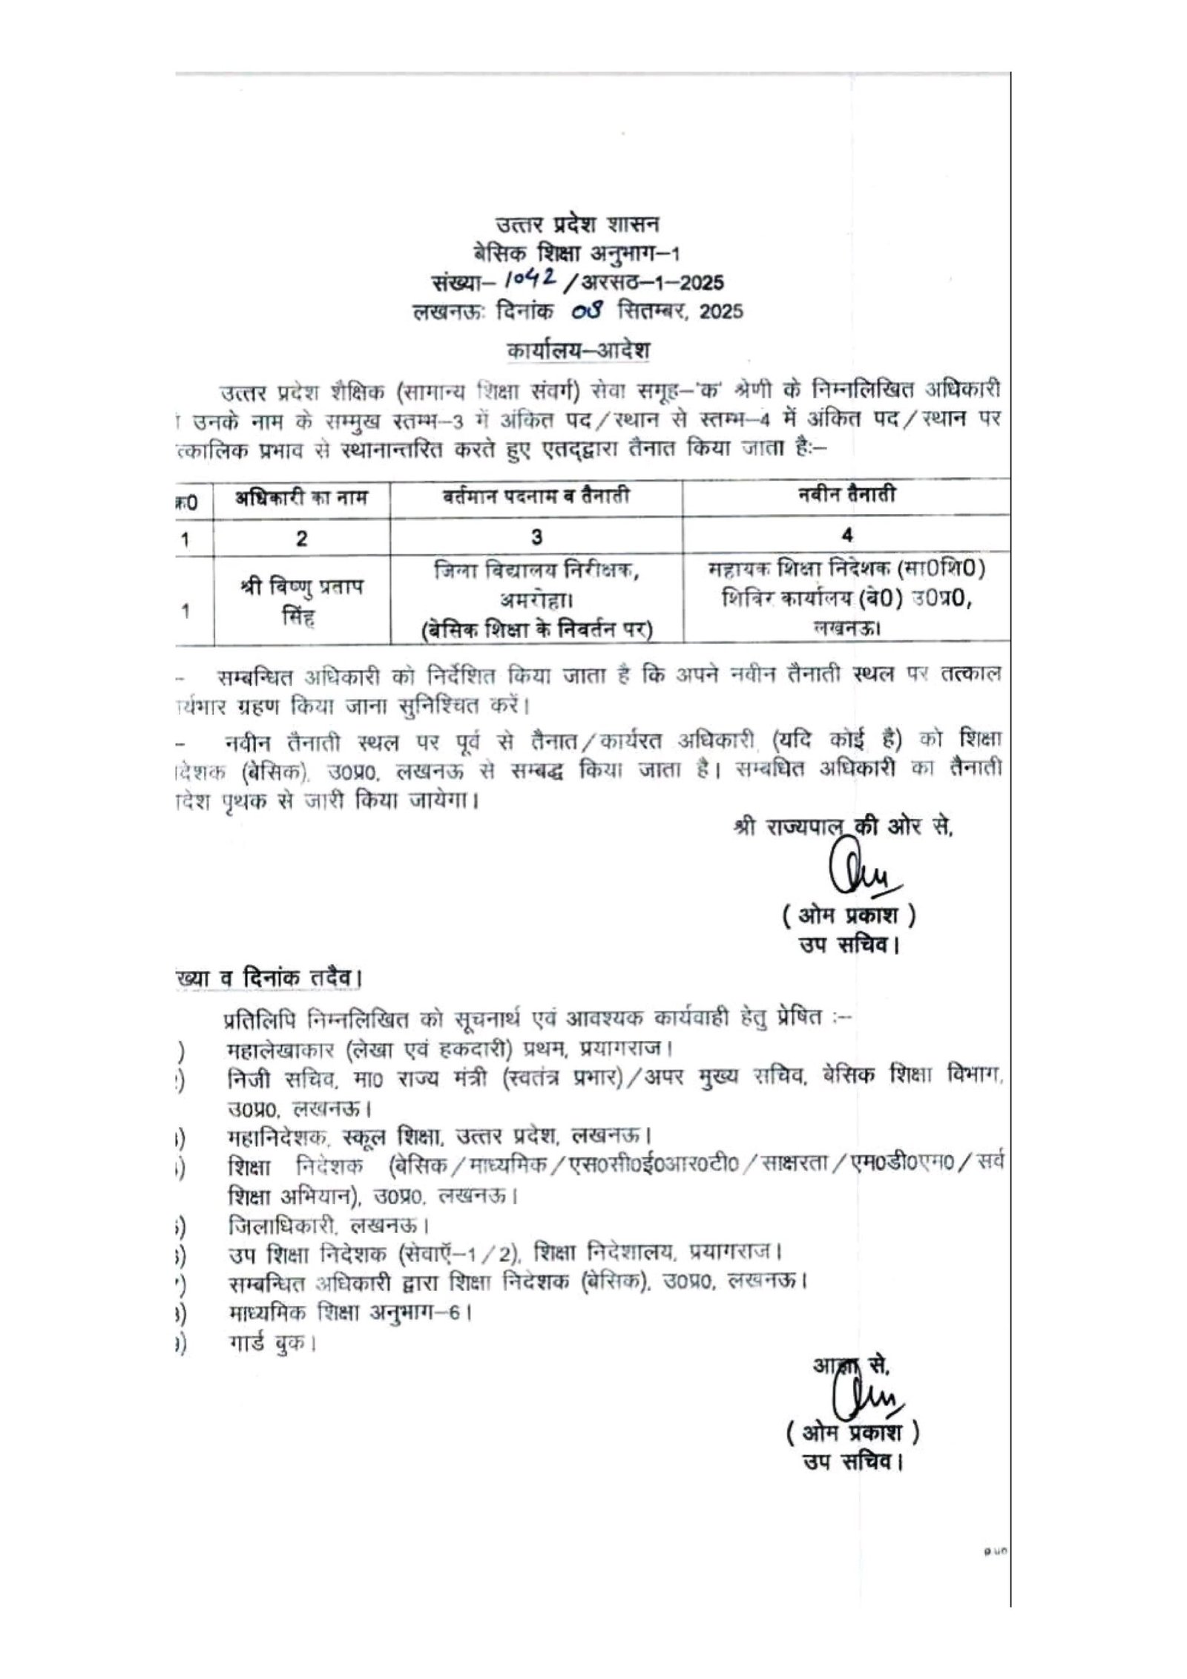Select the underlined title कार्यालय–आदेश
[578, 350]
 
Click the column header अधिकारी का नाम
[302, 496]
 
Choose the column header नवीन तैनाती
[845, 495]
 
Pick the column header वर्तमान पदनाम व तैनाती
[535, 496]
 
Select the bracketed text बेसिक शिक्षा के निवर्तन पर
[535, 629]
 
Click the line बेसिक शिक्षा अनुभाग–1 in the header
[576, 253]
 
